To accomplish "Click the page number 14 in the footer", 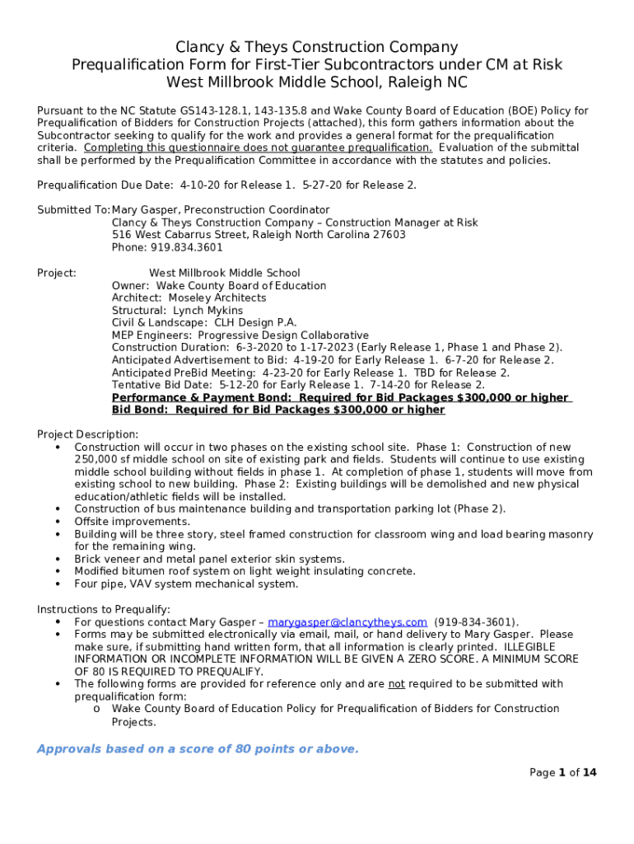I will pyautogui.click(x=589, y=772).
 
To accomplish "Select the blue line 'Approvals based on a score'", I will pyautogui.click(x=198, y=749).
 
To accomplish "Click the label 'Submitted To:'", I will pyautogui.click(x=73, y=210).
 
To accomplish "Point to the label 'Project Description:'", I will pyautogui.click(x=88, y=434).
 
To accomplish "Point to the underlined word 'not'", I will pyautogui.click(x=397, y=684).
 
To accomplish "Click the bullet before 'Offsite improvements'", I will pyautogui.click(x=58, y=522).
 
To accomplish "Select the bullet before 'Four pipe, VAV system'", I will pyautogui.click(x=58, y=584).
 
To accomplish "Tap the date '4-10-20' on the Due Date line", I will pyautogui.click(x=198, y=185).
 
